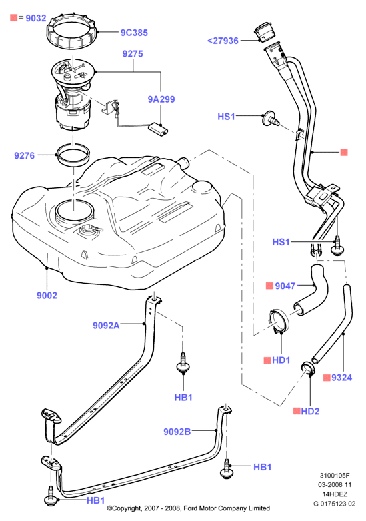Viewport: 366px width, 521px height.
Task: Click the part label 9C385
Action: pos(134,33)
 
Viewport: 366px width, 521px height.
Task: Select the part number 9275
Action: pos(133,53)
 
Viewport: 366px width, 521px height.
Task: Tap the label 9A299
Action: pos(161,99)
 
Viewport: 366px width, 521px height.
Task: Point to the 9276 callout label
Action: pos(24,155)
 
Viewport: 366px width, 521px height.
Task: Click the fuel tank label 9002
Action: pos(47,295)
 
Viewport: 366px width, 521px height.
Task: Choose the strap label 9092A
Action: pos(106,325)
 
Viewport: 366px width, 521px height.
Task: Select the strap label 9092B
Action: pos(177,432)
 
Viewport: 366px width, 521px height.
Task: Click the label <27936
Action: pos(223,41)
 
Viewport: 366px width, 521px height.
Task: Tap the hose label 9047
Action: pos(285,286)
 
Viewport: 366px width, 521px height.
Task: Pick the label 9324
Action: pos(341,378)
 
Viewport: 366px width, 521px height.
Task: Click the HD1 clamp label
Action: pos(281,360)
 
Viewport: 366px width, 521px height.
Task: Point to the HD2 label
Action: pos(310,411)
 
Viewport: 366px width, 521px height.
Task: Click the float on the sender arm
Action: pos(158,129)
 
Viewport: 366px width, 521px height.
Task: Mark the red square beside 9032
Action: pos(13,17)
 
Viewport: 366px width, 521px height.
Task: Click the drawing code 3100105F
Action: pos(335,476)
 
